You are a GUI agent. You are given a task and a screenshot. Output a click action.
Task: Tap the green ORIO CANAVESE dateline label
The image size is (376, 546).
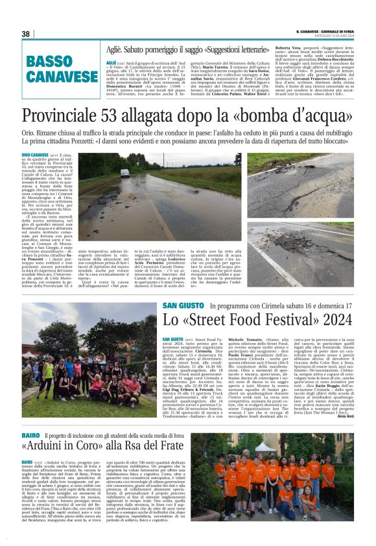pyautogui.click(x=35, y=155)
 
